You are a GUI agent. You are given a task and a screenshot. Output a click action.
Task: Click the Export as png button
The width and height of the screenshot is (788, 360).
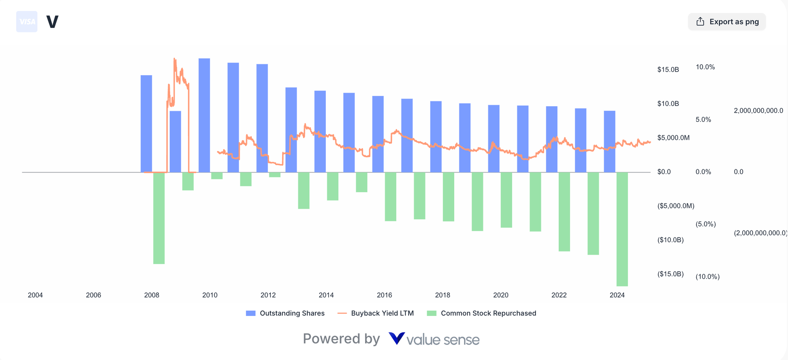coord(727,22)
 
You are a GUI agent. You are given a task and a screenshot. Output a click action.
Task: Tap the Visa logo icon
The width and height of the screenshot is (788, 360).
coord(27,22)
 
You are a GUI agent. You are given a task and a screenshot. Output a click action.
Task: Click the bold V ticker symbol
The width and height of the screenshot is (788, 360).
coord(52,22)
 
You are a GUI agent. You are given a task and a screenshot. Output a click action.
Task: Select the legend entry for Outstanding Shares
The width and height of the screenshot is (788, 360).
coord(285,313)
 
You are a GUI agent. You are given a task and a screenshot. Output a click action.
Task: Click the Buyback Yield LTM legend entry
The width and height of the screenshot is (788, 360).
coord(376,313)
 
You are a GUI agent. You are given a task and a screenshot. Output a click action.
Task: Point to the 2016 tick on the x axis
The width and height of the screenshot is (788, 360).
coord(384,295)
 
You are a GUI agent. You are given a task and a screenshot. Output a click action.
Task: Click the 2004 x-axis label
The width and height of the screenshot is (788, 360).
coord(35,295)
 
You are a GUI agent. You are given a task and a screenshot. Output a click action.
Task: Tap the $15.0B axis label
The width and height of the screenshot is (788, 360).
coord(668,70)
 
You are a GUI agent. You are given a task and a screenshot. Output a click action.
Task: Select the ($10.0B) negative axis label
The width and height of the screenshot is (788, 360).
coord(670,240)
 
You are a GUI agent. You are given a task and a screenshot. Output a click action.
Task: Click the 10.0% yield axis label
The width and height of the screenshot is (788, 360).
coord(705,67)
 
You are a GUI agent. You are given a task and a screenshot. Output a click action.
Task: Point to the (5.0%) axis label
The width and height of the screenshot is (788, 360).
coord(705,224)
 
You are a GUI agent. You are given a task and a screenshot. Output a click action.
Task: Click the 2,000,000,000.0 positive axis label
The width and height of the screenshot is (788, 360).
coord(758,111)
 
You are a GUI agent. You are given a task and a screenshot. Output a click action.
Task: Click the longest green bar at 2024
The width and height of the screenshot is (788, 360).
coord(622,228)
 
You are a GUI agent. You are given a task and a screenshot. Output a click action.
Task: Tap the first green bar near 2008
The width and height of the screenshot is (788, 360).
coord(159,218)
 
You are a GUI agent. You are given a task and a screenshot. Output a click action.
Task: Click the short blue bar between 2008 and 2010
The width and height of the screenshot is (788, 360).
coord(175,142)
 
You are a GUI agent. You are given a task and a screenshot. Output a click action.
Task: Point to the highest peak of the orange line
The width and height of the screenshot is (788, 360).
coord(175,59)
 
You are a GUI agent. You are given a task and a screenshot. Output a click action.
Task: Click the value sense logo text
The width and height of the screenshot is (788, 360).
coord(434,339)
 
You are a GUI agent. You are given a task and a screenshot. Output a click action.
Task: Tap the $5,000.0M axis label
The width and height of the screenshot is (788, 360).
coord(673,138)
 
